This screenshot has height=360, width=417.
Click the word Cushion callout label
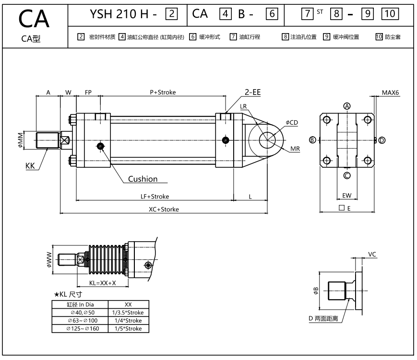(x=143, y=179)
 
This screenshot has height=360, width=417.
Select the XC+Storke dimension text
(x=164, y=209)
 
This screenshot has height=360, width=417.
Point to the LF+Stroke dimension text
(x=155, y=196)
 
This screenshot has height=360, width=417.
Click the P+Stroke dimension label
(x=163, y=92)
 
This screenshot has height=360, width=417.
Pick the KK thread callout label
(x=31, y=166)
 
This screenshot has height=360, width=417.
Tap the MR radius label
(x=295, y=149)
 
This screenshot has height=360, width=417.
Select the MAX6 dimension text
(x=390, y=92)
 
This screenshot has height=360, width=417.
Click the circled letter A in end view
(x=347, y=106)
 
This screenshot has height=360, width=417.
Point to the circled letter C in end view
(x=347, y=175)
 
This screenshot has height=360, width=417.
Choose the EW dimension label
(x=346, y=196)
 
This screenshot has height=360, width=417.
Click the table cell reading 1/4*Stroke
(x=128, y=320)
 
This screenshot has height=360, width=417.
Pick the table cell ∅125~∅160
(x=80, y=328)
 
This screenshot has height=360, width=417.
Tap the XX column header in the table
(x=128, y=304)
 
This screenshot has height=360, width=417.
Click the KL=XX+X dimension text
(x=103, y=283)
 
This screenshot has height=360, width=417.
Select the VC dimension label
(x=371, y=254)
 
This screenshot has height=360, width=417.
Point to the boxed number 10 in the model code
(x=391, y=14)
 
